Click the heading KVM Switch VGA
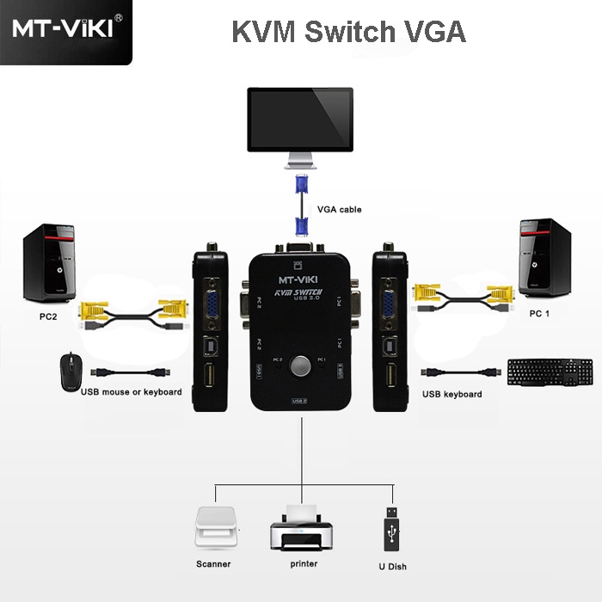348,32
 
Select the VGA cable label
340,209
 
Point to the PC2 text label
48,316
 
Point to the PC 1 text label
539,314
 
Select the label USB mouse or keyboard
131,392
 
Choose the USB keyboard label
451,394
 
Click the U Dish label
391,567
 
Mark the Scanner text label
213,566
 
